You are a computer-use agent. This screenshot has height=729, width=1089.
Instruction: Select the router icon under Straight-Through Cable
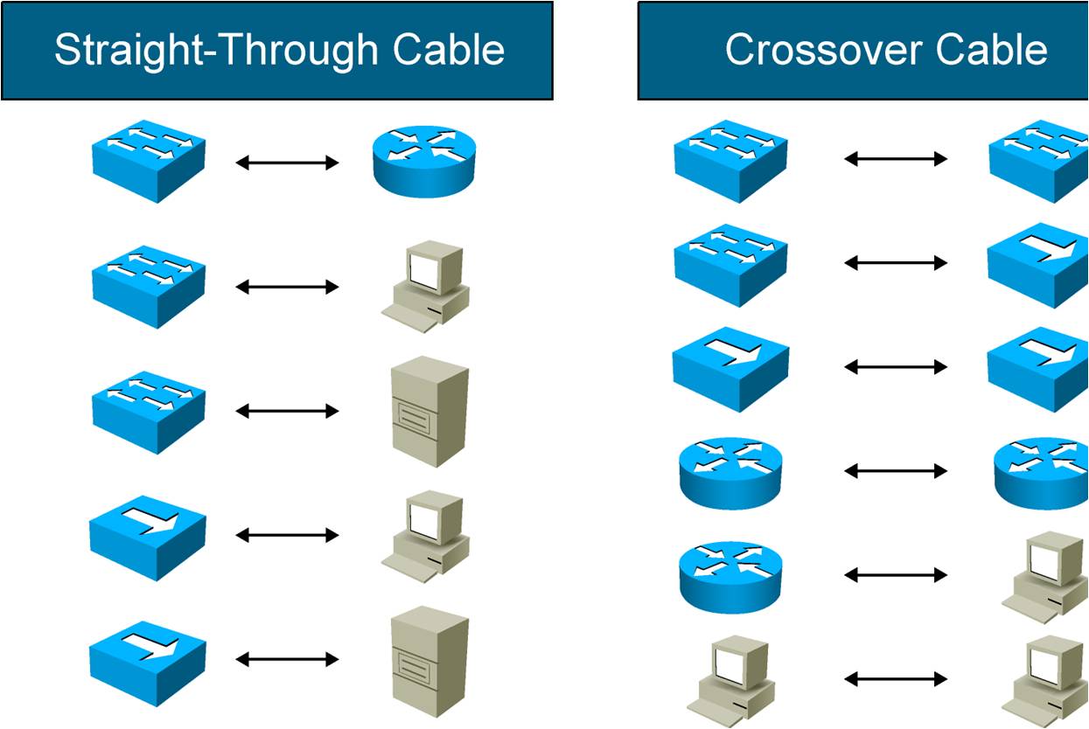click(x=425, y=162)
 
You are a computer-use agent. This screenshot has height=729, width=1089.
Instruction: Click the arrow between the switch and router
click(x=287, y=162)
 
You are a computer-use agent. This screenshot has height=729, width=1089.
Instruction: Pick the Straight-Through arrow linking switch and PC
click(x=287, y=287)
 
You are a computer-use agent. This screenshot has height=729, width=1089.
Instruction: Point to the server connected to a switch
click(x=429, y=410)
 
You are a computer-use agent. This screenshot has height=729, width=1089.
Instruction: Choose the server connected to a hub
click(x=429, y=660)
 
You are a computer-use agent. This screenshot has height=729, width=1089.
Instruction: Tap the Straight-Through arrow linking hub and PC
click(x=287, y=535)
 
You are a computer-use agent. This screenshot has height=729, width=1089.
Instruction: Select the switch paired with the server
click(x=149, y=411)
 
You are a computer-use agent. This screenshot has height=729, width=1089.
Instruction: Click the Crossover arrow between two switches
click(x=896, y=158)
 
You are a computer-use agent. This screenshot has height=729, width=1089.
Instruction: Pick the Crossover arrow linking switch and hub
click(x=896, y=262)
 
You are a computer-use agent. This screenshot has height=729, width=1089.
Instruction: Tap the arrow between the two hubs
click(x=896, y=367)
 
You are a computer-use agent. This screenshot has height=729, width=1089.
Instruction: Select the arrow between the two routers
click(x=896, y=471)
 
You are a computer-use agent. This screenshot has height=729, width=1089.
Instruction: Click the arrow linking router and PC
click(x=896, y=574)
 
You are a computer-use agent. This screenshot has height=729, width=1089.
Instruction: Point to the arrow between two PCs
click(x=896, y=678)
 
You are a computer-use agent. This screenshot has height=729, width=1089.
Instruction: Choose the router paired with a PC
click(x=730, y=576)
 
